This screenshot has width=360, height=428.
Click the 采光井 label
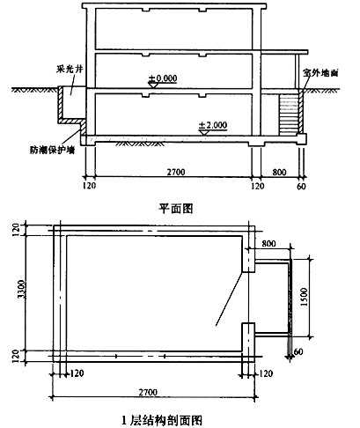(70, 69)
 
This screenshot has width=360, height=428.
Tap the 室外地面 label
(320, 72)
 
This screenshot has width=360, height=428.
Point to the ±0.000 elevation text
(163, 78)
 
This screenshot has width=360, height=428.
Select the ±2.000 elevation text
(213, 125)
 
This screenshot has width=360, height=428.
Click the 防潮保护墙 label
(52, 151)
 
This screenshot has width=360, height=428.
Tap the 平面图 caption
(176, 209)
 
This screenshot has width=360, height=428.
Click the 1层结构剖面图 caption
(162, 420)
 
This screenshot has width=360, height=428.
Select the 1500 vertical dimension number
(304, 297)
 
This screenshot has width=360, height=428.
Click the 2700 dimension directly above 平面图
(176, 172)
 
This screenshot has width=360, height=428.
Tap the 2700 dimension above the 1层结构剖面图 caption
(148, 393)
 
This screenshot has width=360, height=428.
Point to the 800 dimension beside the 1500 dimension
(268, 243)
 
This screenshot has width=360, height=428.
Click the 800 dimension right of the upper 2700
(279, 172)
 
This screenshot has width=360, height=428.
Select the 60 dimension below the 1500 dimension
(298, 351)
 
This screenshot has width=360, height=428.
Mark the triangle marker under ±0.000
(153, 85)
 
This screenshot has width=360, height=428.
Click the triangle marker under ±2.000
(203, 132)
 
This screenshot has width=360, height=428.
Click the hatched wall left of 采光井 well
(61, 103)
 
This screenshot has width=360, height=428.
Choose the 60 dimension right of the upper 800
(301, 187)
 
